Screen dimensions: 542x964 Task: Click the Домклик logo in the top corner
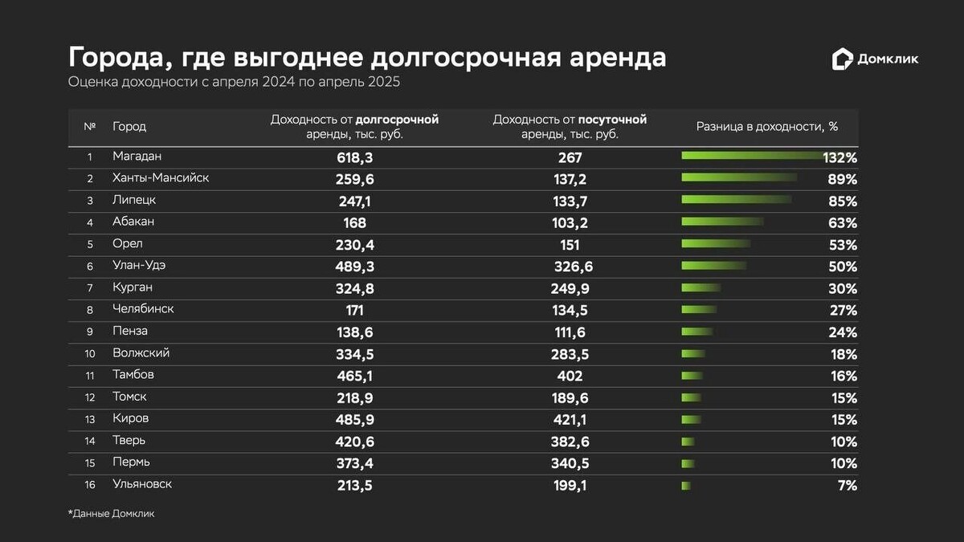pos(875,59)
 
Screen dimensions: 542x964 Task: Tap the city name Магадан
pos(137,157)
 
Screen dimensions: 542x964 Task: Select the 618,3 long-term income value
pos(355,157)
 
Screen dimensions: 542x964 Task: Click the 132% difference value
pos(840,157)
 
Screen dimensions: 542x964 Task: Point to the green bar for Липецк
pos(736,200)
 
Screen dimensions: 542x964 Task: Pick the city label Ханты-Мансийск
pos(161,178)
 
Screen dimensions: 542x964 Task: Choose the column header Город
pos(129,127)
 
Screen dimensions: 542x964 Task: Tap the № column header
pos(89,127)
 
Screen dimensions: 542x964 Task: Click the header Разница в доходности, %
pos(766,127)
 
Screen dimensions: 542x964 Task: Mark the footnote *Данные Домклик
pos(111,514)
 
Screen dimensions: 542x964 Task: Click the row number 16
pos(89,485)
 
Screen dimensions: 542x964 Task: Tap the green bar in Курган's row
pos(701,288)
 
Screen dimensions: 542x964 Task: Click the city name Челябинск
pos(143,309)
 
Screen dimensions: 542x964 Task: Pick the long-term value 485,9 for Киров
pos(355,419)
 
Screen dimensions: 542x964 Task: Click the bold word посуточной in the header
pos(613,120)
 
